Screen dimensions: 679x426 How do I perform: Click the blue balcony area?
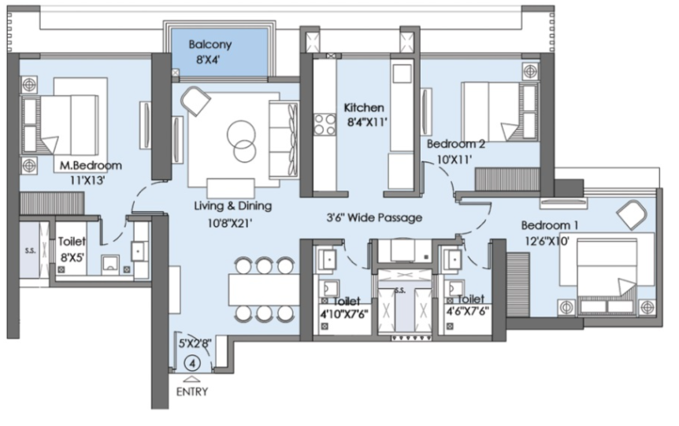[x=220, y=52]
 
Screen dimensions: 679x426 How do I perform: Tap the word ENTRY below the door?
[x=192, y=392]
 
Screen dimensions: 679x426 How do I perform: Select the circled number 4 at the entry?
[x=192, y=363]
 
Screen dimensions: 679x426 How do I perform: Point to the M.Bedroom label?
[x=91, y=165]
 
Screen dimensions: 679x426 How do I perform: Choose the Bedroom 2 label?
[x=455, y=144]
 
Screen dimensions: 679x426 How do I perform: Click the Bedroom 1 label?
[x=550, y=225]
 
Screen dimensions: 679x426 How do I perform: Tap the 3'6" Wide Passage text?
[x=374, y=217]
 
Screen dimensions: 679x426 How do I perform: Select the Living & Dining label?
[x=233, y=206]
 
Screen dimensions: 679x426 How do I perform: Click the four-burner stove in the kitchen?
[x=325, y=124]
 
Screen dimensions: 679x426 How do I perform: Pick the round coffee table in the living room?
[x=241, y=140]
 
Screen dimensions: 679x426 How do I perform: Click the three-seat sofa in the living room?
[x=284, y=139]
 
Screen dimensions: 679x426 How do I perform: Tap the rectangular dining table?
[x=264, y=290]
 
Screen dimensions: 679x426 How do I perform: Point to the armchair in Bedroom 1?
[x=632, y=215]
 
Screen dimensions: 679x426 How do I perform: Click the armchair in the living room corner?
[x=195, y=101]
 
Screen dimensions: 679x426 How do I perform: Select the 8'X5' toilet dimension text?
[x=72, y=257]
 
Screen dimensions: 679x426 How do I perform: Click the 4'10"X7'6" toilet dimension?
[x=343, y=314]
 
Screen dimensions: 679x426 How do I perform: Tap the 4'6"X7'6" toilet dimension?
[x=468, y=312]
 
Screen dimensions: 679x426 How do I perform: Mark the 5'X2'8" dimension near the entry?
[x=195, y=343]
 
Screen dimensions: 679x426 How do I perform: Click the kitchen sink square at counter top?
[x=402, y=73]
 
